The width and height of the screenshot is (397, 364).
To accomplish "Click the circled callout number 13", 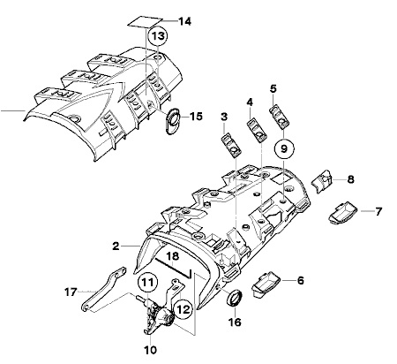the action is (158, 36).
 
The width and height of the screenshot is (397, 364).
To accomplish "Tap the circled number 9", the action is (284, 148).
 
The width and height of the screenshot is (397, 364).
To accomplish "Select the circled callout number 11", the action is (147, 283).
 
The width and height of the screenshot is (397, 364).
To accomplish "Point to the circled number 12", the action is (183, 309).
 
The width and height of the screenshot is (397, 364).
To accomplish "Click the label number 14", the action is (185, 21).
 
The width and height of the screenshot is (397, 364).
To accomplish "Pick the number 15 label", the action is (196, 117).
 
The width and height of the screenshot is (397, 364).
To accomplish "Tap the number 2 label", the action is (116, 246).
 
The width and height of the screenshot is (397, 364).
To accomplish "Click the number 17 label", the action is (71, 292).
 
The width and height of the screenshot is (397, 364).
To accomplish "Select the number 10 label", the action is (150, 350).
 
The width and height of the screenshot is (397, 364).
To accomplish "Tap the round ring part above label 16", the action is (235, 299).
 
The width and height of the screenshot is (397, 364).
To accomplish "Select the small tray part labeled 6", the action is (266, 284).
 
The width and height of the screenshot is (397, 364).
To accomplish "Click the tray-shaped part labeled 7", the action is (343, 213).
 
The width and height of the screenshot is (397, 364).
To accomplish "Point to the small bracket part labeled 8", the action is (321, 180).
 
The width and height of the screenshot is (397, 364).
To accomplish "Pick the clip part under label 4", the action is (257, 130).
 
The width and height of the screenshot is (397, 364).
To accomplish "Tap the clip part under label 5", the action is (279, 117).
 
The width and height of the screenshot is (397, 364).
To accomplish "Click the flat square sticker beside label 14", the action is (146, 22).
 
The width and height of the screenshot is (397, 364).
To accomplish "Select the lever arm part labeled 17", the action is (103, 289).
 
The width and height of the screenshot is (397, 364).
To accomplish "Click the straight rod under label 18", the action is (174, 268).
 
